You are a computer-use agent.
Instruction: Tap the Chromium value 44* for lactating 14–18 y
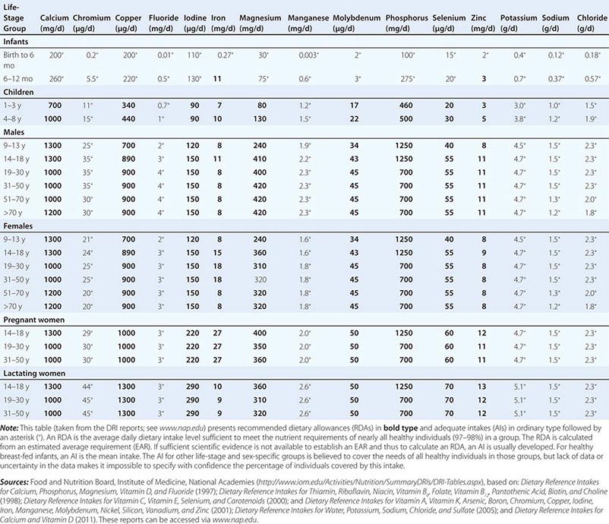(x=90, y=387)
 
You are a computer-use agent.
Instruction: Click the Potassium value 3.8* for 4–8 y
(x=519, y=118)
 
